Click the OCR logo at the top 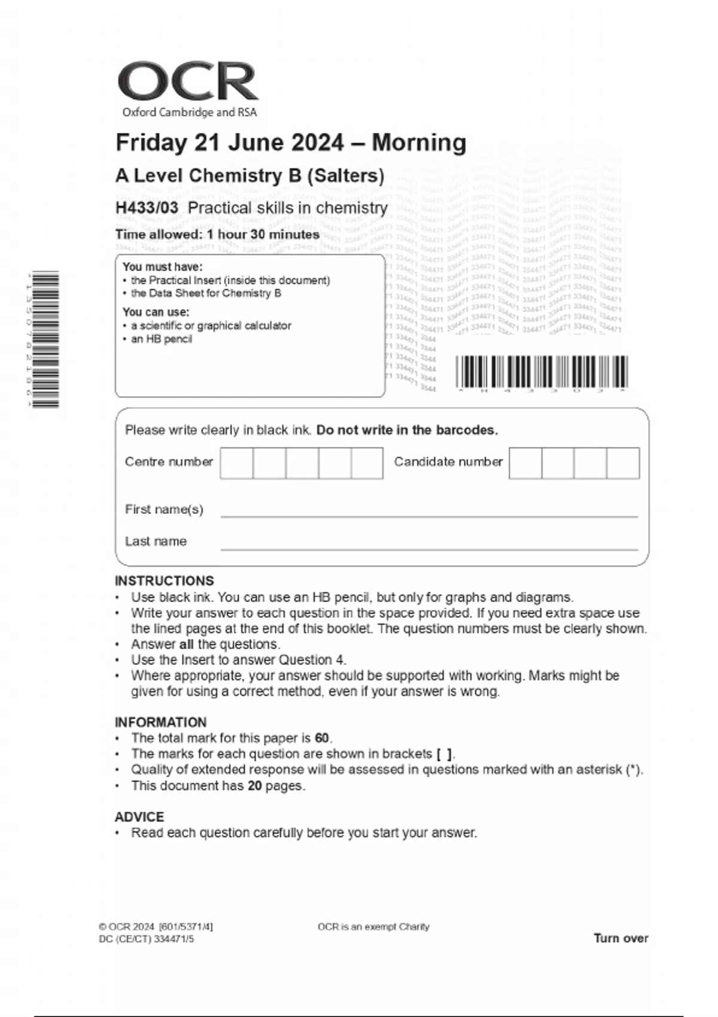point(188,83)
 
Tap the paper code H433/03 point(147,208)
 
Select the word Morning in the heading point(419,143)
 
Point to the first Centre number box point(236,463)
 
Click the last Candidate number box point(623,463)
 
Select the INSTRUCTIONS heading point(164,581)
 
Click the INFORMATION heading point(160,722)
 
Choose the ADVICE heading point(139,817)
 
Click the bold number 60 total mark point(322,738)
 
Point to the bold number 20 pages point(255,785)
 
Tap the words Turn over point(620,938)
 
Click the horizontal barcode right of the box point(541,372)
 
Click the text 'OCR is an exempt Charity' point(373,927)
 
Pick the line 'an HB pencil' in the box point(162,339)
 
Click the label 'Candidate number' point(448,462)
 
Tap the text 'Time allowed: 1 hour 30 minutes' point(217,235)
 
